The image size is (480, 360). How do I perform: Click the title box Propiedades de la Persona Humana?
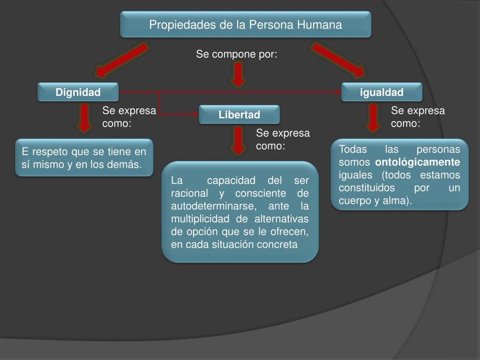point(246,24)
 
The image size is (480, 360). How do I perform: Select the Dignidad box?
point(78,92)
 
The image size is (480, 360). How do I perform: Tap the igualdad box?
point(382,92)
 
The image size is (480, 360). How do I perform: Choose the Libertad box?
point(239,115)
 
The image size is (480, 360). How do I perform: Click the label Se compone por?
point(237,55)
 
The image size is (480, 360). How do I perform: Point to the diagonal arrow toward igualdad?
point(337,60)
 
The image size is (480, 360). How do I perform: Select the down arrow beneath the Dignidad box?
point(84,118)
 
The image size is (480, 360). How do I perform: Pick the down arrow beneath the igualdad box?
point(373,118)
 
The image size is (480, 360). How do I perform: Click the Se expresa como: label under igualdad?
point(418,117)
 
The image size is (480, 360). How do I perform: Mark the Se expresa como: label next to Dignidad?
point(129,117)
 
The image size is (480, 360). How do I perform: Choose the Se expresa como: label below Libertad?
point(283,140)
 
